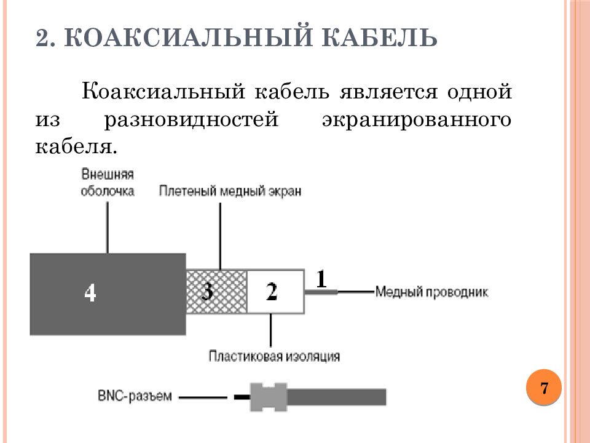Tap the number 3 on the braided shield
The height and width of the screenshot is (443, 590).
(x=208, y=290)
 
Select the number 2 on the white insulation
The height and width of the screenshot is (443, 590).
(x=271, y=291)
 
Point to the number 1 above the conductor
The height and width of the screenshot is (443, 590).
(x=321, y=279)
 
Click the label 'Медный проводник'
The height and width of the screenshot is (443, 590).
(x=431, y=292)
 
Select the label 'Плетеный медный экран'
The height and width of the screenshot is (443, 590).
(x=230, y=191)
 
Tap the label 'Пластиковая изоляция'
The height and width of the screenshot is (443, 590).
(x=274, y=356)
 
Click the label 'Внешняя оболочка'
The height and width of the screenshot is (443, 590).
(x=108, y=183)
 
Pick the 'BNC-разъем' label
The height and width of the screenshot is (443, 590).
(x=135, y=396)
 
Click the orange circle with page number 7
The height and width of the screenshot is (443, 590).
(x=544, y=388)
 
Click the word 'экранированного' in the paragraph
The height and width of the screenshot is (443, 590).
(x=416, y=119)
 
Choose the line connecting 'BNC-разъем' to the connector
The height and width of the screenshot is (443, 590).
(x=203, y=397)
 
